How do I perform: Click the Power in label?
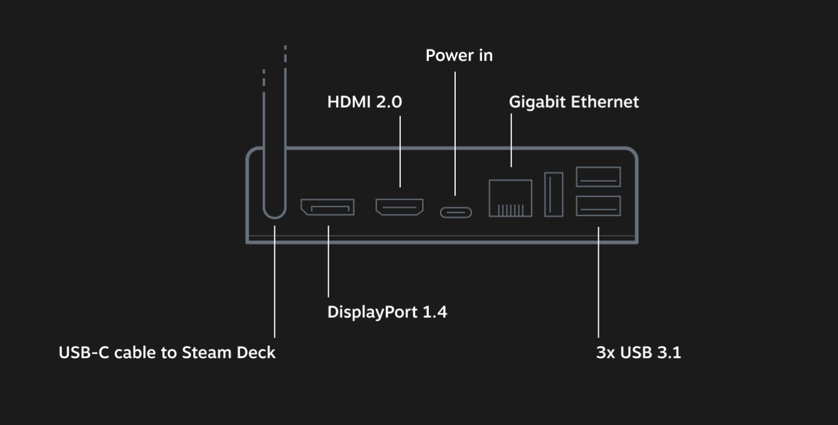[459, 55]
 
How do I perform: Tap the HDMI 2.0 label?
[365, 102]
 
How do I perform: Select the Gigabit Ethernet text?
[574, 103]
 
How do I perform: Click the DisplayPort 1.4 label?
[387, 312]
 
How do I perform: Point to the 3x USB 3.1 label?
[639, 352]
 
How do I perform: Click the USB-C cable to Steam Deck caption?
[167, 352]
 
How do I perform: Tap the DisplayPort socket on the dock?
[327, 207]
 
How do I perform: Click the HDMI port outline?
[400, 207]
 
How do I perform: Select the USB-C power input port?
[456, 213]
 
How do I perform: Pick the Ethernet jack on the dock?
[511, 198]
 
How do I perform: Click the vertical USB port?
[553, 194]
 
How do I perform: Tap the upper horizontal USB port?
[598, 177]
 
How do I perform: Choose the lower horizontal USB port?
[598, 206]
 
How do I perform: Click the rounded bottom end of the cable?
[274, 217]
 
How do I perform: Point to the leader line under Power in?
[455, 134]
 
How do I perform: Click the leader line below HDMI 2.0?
[400, 151]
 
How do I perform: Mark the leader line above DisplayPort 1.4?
[329, 261]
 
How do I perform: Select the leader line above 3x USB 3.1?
[598, 282]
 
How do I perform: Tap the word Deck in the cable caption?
[256, 352]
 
